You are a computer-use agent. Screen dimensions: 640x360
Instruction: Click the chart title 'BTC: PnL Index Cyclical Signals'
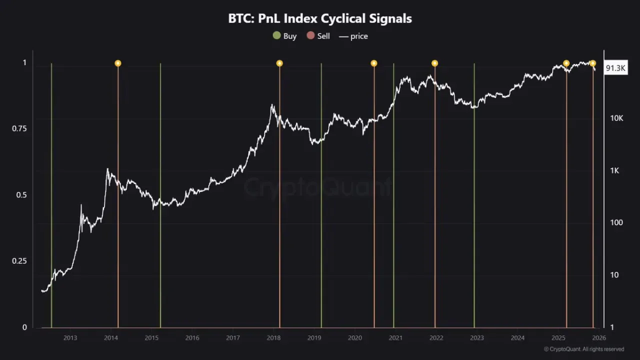pyautogui.click(x=320, y=18)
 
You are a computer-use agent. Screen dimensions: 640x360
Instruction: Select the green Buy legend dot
pyautogui.click(x=276, y=35)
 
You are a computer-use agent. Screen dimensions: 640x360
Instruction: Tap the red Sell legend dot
pyautogui.click(x=310, y=35)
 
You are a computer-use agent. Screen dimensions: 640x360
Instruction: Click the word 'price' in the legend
pyautogui.click(x=359, y=36)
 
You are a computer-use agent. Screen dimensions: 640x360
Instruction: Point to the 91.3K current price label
pyautogui.click(x=615, y=68)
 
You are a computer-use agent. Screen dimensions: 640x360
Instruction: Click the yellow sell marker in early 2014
pyautogui.click(x=118, y=63)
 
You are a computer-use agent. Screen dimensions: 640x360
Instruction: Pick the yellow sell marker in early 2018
pyautogui.click(x=279, y=63)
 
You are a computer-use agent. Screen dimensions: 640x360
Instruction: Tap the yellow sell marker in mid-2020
pyautogui.click(x=373, y=63)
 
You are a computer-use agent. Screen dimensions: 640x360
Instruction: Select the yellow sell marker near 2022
pyautogui.click(x=434, y=63)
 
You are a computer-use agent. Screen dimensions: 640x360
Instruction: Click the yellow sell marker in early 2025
pyautogui.click(x=566, y=63)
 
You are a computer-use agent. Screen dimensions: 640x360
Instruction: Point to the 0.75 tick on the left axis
pyautogui.click(x=19, y=128)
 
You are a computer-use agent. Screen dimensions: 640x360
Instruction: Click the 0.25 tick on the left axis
pyautogui.click(x=19, y=261)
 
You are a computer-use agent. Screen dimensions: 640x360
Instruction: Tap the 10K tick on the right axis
pyautogui.click(x=616, y=118)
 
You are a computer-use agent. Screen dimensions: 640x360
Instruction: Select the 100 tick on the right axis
pyautogui.click(x=616, y=222)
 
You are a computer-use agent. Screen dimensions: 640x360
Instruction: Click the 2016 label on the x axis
pyautogui.click(x=192, y=338)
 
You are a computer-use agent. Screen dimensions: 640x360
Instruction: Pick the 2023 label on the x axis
pyautogui.click(x=477, y=338)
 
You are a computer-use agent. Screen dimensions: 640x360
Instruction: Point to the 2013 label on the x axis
pyautogui.click(x=70, y=338)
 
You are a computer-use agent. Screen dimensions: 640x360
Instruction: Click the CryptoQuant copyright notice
pyautogui.click(x=583, y=349)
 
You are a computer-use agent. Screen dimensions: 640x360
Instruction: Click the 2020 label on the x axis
pyautogui.click(x=355, y=338)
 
